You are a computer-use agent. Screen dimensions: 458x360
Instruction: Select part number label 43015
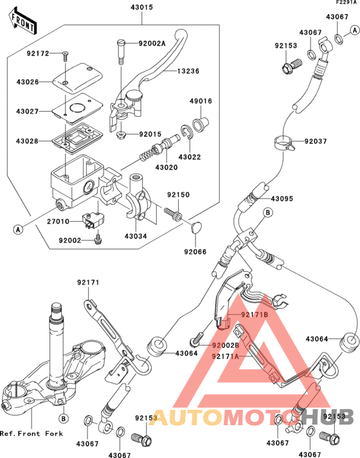click(x=143, y=7)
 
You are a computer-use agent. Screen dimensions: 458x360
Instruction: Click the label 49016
click(x=200, y=101)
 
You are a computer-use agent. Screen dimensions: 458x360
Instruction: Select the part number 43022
click(x=189, y=156)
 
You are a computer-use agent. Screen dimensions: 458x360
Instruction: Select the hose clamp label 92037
click(x=317, y=141)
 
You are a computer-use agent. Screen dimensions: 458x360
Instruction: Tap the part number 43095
click(x=282, y=198)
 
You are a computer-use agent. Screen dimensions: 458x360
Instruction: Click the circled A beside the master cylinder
click(x=19, y=228)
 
